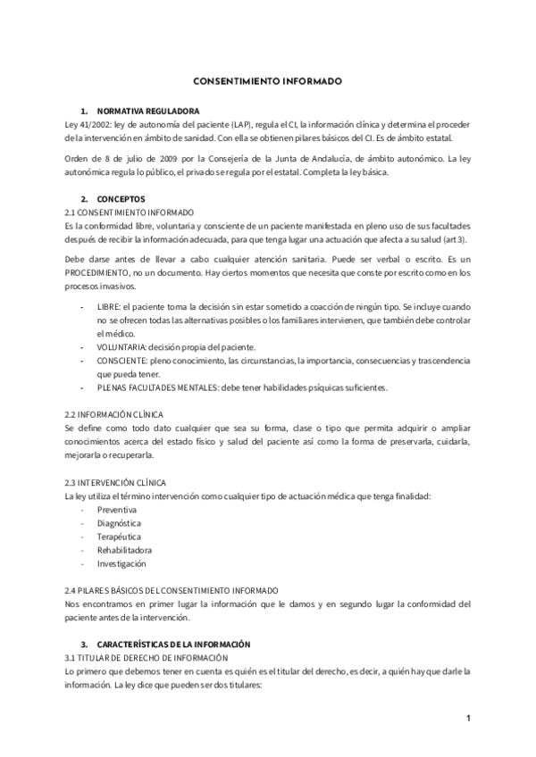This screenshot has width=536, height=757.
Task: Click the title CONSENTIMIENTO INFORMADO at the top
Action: pyautogui.click(x=267, y=80)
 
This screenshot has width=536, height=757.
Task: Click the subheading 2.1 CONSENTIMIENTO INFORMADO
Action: pyautogui.click(x=129, y=212)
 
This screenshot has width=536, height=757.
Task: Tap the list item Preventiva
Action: pyautogui.click(x=117, y=510)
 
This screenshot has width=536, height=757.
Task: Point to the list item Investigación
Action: pyautogui.click(x=122, y=563)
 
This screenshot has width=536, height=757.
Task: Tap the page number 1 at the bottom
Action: pyautogui.click(x=467, y=718)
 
